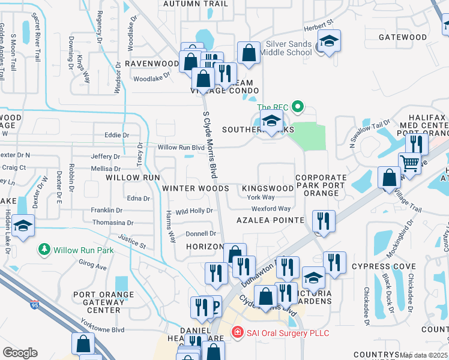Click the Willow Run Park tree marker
click(44, 249)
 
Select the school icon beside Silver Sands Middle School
click(328, 41)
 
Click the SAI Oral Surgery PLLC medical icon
click(237, 332)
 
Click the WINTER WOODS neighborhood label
click(196, 188)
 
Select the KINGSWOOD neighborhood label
click(268, 188)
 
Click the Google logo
click(20, 353)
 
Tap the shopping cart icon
click(410, 162)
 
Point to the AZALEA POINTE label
click(270, 220)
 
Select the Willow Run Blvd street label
click(181, 147)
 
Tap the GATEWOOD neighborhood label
click(403, 37)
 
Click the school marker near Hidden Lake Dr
click(23, 226)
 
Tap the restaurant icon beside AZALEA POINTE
click(324, 221)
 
